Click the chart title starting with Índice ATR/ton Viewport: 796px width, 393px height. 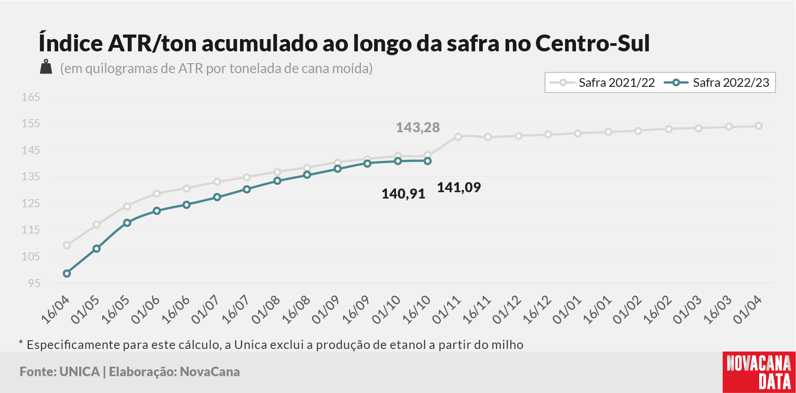344,43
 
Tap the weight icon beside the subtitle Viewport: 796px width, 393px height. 46,67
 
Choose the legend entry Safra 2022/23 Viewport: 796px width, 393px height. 716,83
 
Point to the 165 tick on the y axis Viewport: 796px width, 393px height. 31,97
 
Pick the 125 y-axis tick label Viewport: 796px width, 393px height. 31,203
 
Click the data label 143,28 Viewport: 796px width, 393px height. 418,127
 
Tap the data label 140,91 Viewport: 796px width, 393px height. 403,194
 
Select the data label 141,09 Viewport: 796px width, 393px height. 459,187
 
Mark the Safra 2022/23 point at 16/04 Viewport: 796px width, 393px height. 67,274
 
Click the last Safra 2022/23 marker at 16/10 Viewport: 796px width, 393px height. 428,161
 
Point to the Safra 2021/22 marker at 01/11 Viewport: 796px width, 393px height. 458,137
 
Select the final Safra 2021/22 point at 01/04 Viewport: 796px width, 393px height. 759,126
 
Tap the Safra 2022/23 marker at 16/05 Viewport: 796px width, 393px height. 127,223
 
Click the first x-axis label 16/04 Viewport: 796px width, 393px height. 55,310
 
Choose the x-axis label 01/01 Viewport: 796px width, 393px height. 567,310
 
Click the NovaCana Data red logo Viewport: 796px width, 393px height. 759,372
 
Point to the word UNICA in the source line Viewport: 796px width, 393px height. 80,372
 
